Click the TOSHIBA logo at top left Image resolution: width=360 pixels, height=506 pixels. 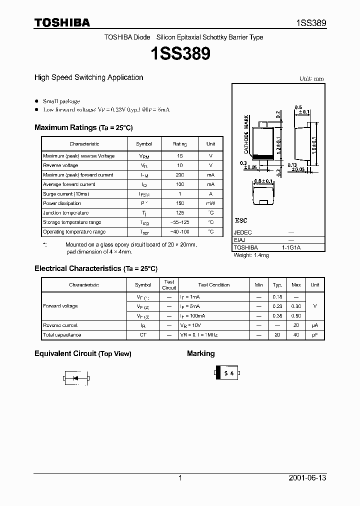click(x=62, y=22)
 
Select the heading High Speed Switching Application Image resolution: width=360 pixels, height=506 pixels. click(x=88, y=77)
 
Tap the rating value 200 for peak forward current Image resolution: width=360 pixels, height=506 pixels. click(x=179, y=175)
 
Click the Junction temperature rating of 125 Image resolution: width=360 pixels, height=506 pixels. click(x=179, y=213)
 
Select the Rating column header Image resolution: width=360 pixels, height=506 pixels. click(x=179, y=144)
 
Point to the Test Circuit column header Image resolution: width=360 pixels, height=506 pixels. click(x=169, y=285)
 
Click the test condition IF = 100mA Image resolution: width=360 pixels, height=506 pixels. click(x=192, y=316)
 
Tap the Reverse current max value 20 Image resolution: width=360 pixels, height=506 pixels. click(x=296, y=325)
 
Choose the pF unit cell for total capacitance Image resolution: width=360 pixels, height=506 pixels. click(x=314, y=335)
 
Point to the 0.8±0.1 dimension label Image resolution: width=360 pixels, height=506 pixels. click(x=263, y=181)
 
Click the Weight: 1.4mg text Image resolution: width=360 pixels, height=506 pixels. click(x=251, y=255)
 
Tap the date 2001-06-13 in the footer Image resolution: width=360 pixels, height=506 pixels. click(x=307, y=478)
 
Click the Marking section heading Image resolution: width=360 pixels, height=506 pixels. click(x=200, y=353)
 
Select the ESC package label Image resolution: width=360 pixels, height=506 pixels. click(x=241, y=220)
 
